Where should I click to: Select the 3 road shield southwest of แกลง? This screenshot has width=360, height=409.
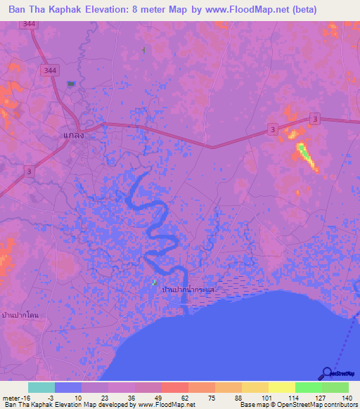click(x=29, y=171)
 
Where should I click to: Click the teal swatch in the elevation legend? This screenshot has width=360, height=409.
click(x=41, y=387)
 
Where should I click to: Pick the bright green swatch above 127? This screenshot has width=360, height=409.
click(x=309, y=387)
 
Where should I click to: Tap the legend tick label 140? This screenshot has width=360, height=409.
click(x=347, y=398)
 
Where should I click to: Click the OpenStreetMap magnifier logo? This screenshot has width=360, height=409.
click(x=327, y=373)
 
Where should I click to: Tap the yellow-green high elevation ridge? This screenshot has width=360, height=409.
click(x=307, y=156)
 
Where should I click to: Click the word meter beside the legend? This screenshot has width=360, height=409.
click(x=10, y=398)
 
